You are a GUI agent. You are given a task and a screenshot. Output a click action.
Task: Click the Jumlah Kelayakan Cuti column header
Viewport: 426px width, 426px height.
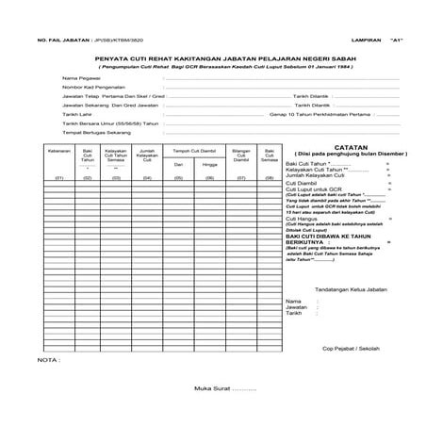(x=147, y=154)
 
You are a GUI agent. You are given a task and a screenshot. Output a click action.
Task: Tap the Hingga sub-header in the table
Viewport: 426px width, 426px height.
(x=208, y=164)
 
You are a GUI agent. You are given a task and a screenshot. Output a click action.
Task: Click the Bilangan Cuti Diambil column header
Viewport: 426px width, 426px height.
(x=240, y=154)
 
